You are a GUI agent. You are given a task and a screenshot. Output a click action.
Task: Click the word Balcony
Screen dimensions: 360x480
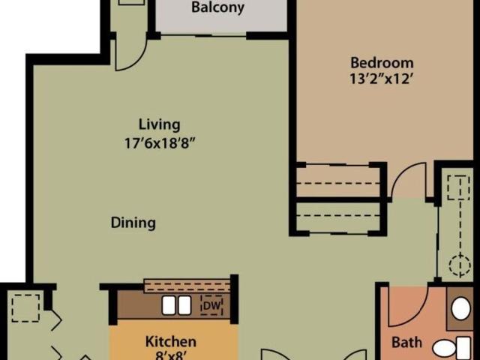coord(217,9)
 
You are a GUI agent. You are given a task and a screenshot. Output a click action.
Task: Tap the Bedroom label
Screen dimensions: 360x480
coord(381,62)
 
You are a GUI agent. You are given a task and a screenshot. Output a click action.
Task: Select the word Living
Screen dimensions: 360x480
coord(159,124)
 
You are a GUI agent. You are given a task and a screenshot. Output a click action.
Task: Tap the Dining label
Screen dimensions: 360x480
coord(133,223)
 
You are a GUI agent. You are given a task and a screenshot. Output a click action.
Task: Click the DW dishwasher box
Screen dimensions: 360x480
coord(211,305)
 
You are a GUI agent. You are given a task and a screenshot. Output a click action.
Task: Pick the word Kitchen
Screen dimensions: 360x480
coord(170,342)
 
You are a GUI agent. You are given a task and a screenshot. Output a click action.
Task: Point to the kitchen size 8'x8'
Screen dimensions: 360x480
coord(170,355)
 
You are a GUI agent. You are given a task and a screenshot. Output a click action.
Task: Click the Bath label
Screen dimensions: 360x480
coord(407,343)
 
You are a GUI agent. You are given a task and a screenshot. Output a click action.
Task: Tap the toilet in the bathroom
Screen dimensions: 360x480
coord(453,346)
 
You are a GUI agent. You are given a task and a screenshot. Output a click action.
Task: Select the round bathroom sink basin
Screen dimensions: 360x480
coord(461,308)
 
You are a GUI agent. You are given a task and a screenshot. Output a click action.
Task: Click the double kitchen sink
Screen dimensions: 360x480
coord(175,305)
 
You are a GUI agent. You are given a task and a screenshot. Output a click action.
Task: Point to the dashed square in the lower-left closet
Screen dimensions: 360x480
coord(25,307)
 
